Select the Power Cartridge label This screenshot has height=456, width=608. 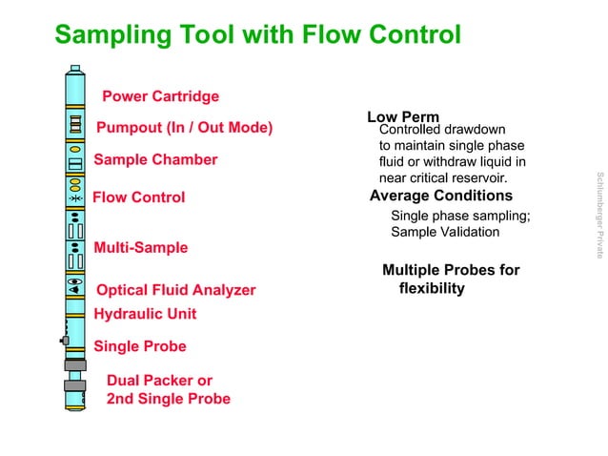click(160, 96)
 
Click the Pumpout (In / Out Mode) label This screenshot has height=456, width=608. click(184, 128)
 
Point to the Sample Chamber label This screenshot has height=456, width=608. click(155, 159)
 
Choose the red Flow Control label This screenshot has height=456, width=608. click(138, 197)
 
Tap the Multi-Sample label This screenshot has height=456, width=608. click(140, 248)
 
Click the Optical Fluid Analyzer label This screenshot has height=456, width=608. click(173, 290)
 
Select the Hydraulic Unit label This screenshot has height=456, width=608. click(145, 313)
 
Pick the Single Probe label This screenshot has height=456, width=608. click(139, 346)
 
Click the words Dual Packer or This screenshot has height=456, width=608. click(159, 381)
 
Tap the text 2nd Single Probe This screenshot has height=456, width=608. click(168, 399)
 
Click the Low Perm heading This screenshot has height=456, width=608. click(402, 116)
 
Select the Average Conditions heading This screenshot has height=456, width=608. click(440, 197)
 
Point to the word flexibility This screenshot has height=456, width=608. click(432, 288)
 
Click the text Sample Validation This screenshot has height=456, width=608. click(445, 232)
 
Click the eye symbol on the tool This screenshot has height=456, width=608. click(75, 283)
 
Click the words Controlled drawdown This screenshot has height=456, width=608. click(442, 130)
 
